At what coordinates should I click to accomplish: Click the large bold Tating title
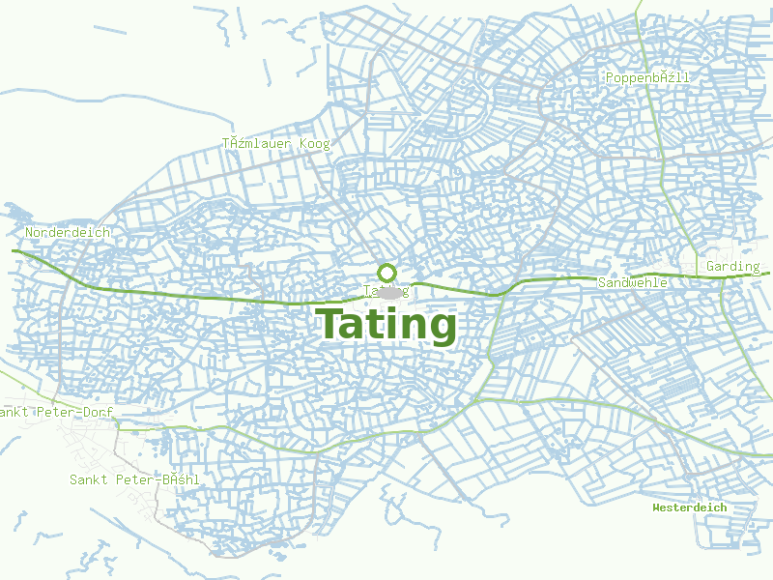coord(386,325)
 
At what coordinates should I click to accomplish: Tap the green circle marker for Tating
coord(386,273)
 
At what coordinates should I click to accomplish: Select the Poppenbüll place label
coord(648,77)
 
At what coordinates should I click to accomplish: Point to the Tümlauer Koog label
coord(276,144)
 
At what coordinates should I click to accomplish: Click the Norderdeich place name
coord(68,233)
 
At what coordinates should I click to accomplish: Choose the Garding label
coord(732,267)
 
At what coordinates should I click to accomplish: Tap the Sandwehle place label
coord(633,282)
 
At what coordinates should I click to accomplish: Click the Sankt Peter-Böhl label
coord(134,479)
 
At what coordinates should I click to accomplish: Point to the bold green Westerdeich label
coord(689,507)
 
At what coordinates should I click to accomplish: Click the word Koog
coord(314,144)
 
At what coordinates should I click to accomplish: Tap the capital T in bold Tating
coord(331,324)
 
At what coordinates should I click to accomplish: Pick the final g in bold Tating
coord(440,329)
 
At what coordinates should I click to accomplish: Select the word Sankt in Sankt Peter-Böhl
coord(89,479)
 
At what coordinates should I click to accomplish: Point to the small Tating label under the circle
coord(386,290)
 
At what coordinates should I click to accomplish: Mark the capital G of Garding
coord(711,267)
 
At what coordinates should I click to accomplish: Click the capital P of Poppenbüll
coord(610,77)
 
